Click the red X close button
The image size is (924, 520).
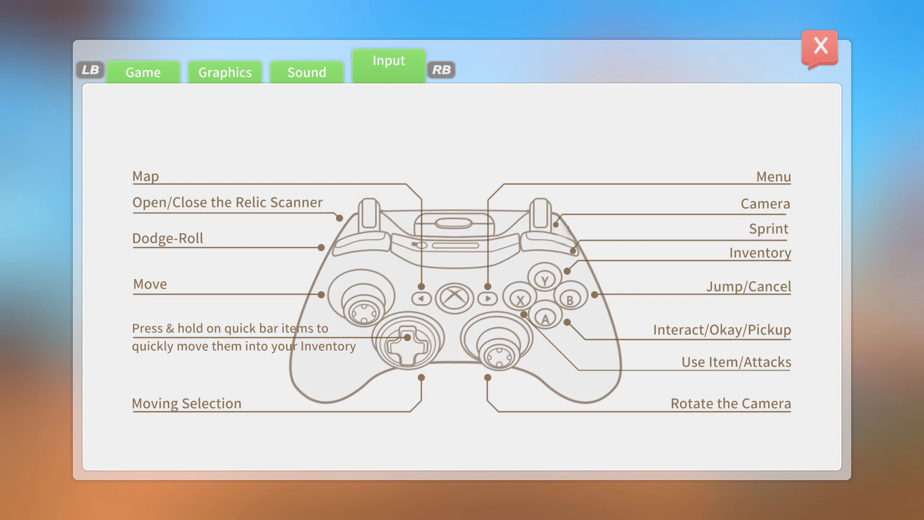[820, 47]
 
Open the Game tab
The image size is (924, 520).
[143, 72]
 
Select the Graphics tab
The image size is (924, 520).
[225, 72]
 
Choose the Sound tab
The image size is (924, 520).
[307, 72]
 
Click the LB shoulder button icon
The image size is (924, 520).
[90, 70]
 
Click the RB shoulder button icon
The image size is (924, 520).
[441, 70]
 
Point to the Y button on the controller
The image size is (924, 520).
[545, 279]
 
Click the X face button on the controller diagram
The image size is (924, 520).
[520, 299]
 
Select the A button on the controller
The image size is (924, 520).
[545, 318]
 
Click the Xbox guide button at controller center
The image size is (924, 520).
[454, 298]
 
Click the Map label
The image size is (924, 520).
[145, 176]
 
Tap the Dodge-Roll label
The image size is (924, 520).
[167, 238]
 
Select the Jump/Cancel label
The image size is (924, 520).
[748, 286]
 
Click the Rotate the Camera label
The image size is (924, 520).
[731, 403]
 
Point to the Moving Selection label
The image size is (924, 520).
[187, 403]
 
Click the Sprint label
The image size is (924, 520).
[768, 229]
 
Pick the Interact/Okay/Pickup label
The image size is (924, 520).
[722, 330]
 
